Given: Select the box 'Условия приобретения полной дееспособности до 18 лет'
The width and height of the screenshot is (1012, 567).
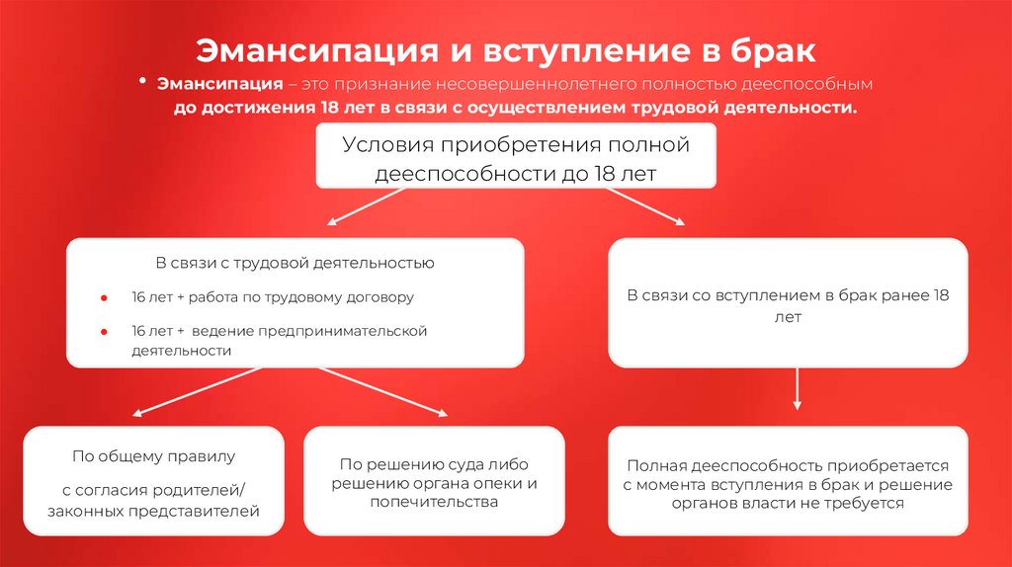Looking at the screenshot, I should pyautogui.click(x=515, y=157).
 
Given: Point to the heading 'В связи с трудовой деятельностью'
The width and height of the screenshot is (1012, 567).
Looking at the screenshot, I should pyautogui.click(x=294, y=264).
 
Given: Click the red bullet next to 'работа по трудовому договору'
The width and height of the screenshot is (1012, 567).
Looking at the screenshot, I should pyautogui.click(x=104, y=296).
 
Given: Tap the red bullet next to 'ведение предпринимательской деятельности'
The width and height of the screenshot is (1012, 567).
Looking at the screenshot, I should pyautogui.click(x=104, y=331).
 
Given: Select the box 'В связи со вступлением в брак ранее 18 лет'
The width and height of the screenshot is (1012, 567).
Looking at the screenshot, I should pyautogui.click(x=788, y=304).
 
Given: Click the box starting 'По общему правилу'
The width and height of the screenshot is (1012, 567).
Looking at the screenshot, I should pyautogui.click(x=154, y=481).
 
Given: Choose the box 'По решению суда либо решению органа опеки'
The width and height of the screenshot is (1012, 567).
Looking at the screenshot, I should pyautogui.click(x=434, y=481).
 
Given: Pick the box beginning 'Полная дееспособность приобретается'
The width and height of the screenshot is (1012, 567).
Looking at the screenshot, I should pyautogui.click(x=788, y=481).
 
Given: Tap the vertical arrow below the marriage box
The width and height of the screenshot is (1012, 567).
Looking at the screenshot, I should pyautogui.click(x=797, y=390).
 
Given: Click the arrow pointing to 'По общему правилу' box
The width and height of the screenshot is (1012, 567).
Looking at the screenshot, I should pyautogui.click(x=198, y=391).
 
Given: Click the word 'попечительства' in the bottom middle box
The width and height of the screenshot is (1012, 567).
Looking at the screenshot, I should pyautogui.click(x=434, y=503).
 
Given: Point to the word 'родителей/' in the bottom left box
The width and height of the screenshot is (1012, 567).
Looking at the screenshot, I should pyautogui.click(x=204, y=489).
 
